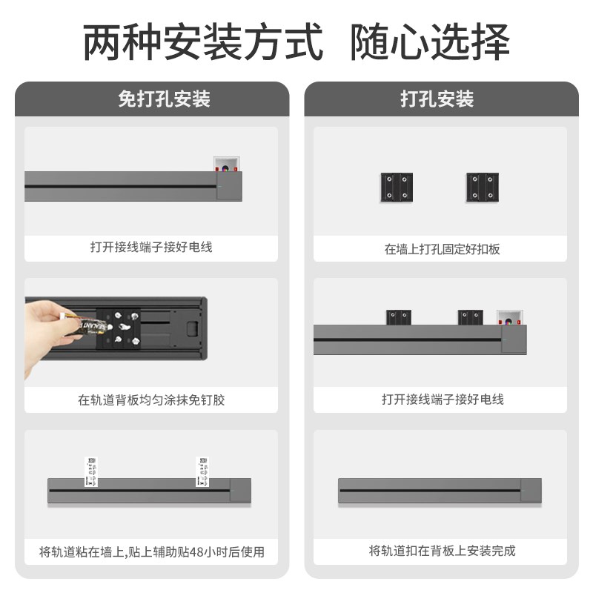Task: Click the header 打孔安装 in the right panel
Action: pyautogui.click(x=437, y=99)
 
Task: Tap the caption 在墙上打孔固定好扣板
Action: pyautogui.click(x=442, y=249)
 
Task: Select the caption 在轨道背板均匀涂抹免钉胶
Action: pyautogui.click(x=151, y=400)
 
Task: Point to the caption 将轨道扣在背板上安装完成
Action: pyautogui.click(x=442, y=551)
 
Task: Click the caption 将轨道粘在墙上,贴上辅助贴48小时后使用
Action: pyautogui.click(x=151, y=552)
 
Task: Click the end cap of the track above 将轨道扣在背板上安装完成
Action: pyautogui.click(x=531, y=490)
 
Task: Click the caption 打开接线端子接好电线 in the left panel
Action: pyautogui.click(x=151, y=247)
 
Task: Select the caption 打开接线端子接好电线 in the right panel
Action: pyautogui.click(x=442, y=400)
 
